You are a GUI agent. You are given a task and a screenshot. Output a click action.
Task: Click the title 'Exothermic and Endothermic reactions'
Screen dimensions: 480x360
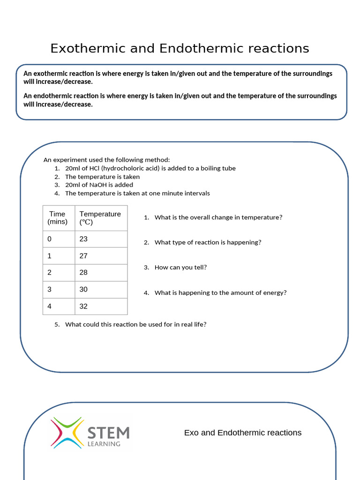(180, 48)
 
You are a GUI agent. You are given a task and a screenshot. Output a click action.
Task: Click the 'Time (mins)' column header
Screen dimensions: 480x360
(57, 218)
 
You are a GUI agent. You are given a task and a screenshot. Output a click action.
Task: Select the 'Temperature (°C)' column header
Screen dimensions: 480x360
(100, 218)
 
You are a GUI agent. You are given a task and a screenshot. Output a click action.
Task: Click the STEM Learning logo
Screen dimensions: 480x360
(90, 433)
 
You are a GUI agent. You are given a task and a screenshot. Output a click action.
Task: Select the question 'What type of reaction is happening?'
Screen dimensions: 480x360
(208, 242)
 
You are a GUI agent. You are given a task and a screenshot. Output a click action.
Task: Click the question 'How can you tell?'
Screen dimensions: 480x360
(180, 267)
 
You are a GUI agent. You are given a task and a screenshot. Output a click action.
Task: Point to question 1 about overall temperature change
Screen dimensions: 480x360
(218, 217)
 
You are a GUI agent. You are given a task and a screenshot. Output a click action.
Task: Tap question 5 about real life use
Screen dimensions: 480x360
(135, 324)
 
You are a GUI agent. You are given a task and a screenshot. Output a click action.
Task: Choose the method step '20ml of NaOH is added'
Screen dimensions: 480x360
(99, 185)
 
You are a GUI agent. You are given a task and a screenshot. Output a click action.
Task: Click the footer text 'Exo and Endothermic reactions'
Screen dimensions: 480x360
(243, 433)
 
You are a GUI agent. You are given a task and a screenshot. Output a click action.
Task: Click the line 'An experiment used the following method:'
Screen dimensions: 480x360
(103, 160)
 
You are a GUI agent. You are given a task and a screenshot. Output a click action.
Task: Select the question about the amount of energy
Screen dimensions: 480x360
(220, 292)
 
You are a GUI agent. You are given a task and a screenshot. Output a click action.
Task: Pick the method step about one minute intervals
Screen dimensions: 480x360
(137, 193)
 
